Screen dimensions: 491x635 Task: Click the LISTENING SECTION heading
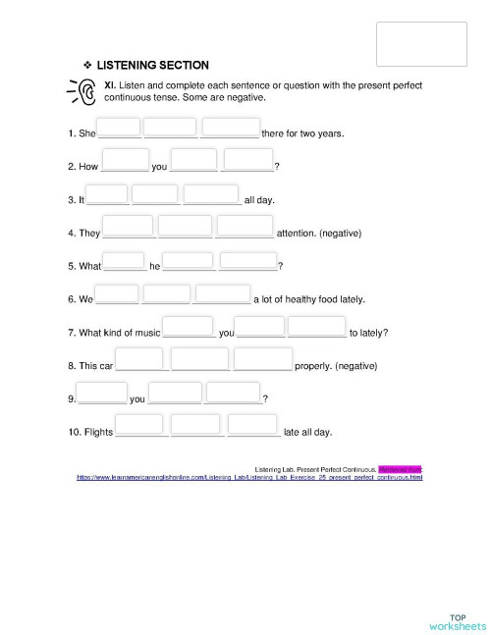(x=152, y=66)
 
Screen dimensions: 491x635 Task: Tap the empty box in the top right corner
(x=421, y=43)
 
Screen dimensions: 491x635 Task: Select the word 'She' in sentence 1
(x=87, y=132)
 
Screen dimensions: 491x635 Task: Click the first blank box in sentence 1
(x=119, y=129)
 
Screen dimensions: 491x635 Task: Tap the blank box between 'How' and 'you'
(x=125, y=161)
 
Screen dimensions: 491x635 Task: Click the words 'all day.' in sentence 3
(x=259, y=200)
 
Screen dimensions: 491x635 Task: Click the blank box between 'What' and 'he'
(x=125, y=264)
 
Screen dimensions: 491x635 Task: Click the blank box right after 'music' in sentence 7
(x=188, y=328)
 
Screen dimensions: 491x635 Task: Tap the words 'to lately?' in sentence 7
(x=368, y=333)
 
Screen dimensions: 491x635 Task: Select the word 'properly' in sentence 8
(x=313, y=365)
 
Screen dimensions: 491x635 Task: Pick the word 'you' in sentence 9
(x=137, y=399)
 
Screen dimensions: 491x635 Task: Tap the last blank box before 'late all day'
(x=253, y=426)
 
